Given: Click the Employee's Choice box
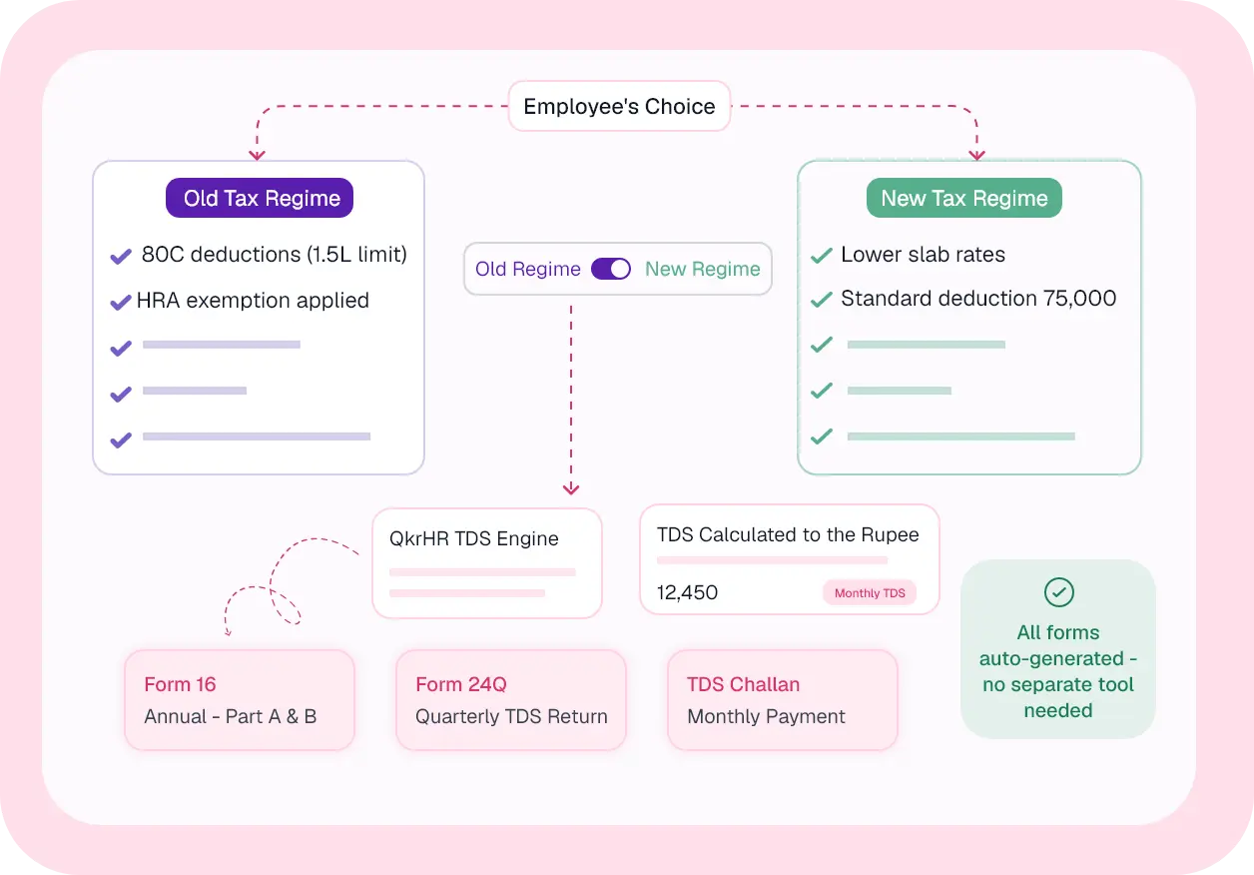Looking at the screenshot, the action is coord(619,106).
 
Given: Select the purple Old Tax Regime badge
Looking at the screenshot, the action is coord(260,198).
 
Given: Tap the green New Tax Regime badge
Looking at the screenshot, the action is coord(964,198).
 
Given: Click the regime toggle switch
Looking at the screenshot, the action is coord(611,269).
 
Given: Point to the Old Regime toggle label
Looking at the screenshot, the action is coord(527,269).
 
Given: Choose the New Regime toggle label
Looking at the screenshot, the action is coord(703,269).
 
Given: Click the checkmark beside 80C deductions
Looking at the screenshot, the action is coord(121,256).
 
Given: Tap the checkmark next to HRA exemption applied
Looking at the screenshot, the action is coord(121,302).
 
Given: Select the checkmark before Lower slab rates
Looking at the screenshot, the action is coord(822,256).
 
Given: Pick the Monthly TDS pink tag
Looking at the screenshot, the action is coord(870,592).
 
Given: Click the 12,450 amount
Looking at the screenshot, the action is coord(687,592).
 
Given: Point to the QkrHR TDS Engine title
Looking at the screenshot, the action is coord(473,538).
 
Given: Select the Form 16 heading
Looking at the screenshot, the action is coord(180,684).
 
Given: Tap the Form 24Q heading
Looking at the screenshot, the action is coord(460,684).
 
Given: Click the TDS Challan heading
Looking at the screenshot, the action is coord(743,684).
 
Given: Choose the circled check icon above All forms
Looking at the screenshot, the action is coord(1058,592).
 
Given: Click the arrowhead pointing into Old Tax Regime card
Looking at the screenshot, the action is coord(257,155).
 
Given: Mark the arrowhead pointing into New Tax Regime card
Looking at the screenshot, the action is coord(976,155).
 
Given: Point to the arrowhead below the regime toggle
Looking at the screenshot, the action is coord(571,489).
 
